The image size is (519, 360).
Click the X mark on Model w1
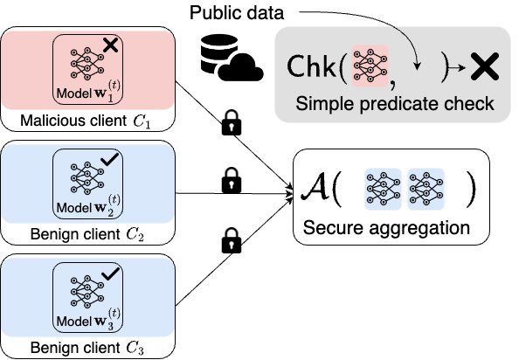point(110,45)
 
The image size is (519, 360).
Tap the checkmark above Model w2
point(110,160)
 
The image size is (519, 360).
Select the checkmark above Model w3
point(110,276)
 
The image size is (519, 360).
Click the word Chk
point(315,67)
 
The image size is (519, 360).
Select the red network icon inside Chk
point(369,66)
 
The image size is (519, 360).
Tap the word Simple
point(322,104)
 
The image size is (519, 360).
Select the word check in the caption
point(470,104)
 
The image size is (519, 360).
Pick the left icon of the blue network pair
point(383,189)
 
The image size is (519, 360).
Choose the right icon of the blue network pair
point(426,189)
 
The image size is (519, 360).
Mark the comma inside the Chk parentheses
point(392,82)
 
